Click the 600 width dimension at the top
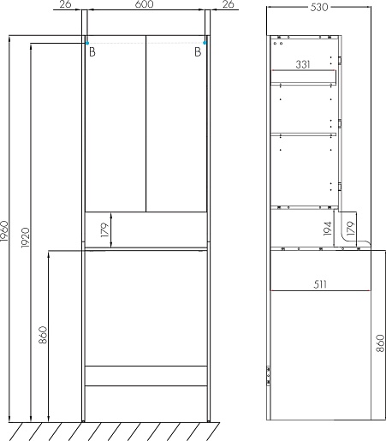(x=145, y=4)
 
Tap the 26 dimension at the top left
(x=65, y=4)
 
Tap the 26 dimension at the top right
(x=228, y=4)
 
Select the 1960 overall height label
(x=5, y=230)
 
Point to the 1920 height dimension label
(x=26, y=237)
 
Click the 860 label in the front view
(x=43, y=335)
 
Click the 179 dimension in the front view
(x=104, y=230)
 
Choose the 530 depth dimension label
(x=319, y=7)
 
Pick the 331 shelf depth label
(x=303, y=64)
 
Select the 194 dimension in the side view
(x=328, y=229)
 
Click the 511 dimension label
(x=320, y=284)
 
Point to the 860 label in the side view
(x=380, y=343)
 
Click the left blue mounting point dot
(x=87, y=43)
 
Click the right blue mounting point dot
(x=205, y=43)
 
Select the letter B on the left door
(x=92, y=52)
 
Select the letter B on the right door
(x=198, y=52)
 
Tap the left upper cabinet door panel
(x=116, y=123)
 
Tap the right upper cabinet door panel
(x=176, y=123)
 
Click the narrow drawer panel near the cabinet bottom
(x=146, y=376)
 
